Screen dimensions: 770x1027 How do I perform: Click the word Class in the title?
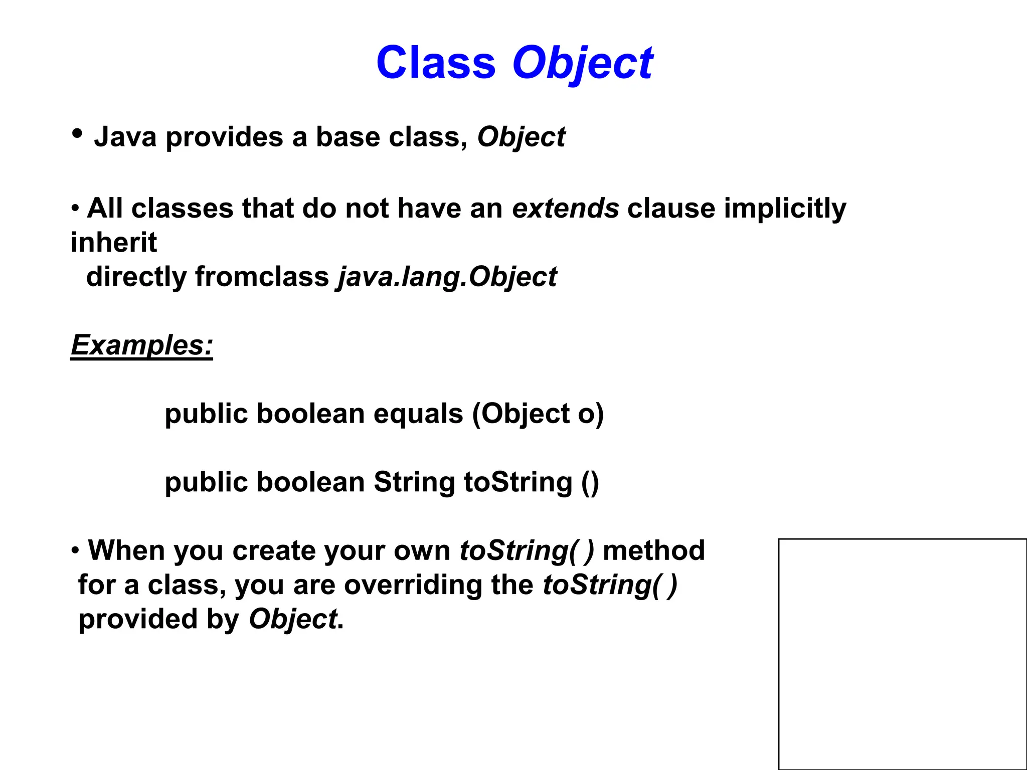(x=435, y=63)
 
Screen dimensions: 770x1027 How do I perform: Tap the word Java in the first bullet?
(x=125, y=137)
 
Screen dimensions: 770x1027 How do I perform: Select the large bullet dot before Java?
(x=77, y=134)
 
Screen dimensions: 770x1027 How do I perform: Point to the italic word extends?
(x=565, y=208)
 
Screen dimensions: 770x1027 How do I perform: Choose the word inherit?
(x=114, y=243)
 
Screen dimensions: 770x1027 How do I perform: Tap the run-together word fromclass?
(x=262, y=277)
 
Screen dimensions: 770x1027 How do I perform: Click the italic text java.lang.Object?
(x=447, y=277)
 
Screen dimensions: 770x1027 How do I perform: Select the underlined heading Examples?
(x=142, y=345)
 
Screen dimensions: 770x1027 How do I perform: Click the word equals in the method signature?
(x=418, y=414)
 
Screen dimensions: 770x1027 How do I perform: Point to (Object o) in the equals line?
(x=538, y=414)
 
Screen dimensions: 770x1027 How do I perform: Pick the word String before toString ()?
(x=414, y=482)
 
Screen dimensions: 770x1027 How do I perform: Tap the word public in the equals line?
(x=206, y=414)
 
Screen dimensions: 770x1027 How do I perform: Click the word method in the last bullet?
(x=653, y=550)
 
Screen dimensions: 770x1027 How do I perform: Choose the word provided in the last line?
(x=138, y=620)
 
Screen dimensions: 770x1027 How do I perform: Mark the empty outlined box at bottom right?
(x=902, y=654)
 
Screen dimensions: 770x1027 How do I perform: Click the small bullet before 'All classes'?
(x=75, y=208)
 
